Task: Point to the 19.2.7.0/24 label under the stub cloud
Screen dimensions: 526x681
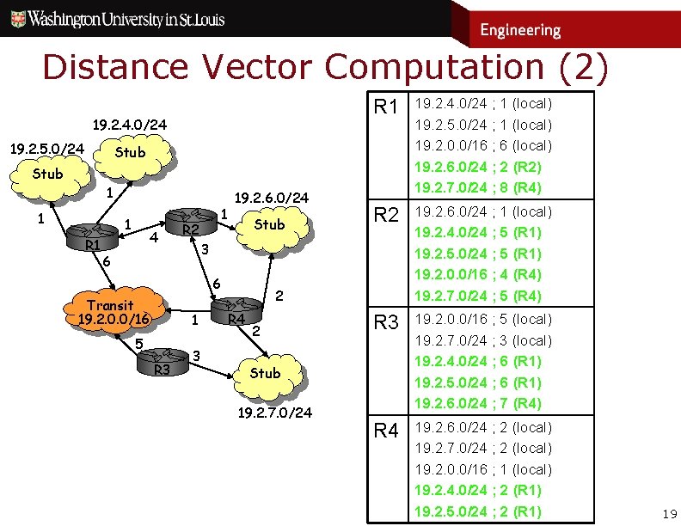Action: [x=273, y=413]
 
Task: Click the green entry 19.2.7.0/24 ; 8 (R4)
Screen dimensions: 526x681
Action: [x=484, y=187]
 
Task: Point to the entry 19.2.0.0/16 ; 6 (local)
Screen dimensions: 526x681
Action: [x=484, y=145]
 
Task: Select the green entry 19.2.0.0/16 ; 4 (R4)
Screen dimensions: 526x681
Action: [x=484, y=275]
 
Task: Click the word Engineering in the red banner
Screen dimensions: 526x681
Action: [x=519, y=30]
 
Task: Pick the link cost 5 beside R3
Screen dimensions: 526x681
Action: [x=138, y=344]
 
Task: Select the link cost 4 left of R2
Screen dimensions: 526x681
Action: [x=152, y=236]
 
